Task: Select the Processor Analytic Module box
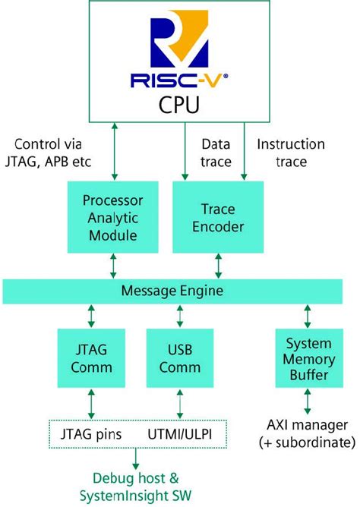pos(113,217)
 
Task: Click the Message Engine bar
pos(178,291)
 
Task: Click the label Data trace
pos(216,152)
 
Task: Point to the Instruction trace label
pos(290,152)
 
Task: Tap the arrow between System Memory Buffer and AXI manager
pos(308,401)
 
